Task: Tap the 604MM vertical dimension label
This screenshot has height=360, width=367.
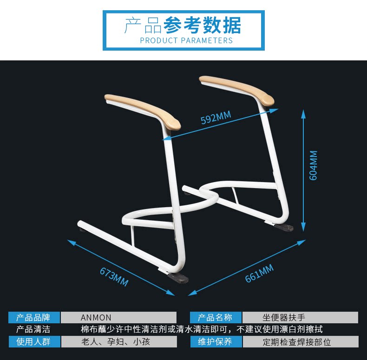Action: point(313,165)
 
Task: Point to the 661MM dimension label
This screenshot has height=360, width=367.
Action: point(259,273)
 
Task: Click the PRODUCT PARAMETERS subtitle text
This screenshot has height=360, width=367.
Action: point(186,40)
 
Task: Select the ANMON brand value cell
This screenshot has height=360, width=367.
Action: point(118,318)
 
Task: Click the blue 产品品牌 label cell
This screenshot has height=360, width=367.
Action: point(34,318)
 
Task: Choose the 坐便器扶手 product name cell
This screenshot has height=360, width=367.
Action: point(300,318)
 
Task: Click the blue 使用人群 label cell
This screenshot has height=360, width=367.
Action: point(34,342)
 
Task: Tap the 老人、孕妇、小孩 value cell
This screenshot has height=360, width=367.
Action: point(118,342)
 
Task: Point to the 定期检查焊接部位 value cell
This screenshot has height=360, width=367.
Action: point(300,342)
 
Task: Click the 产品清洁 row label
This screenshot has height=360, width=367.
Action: point(33,330)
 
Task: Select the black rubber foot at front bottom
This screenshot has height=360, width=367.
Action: point(178,278)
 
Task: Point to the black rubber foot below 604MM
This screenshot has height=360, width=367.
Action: point(283,228)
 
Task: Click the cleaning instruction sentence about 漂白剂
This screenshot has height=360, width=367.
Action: point(202,330)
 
